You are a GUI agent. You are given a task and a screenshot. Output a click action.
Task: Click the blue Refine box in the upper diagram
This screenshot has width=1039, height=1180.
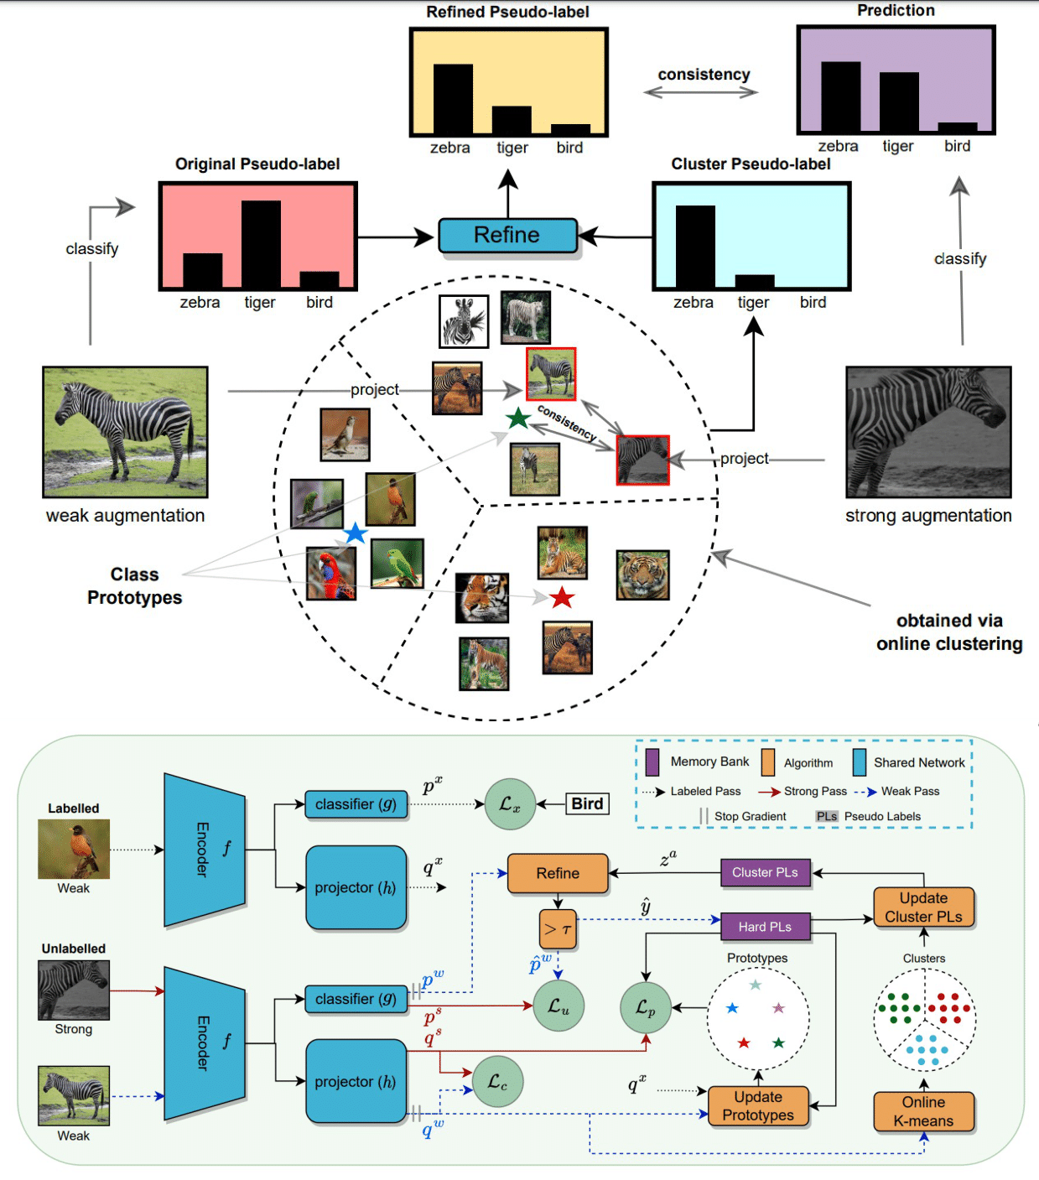click(x=507, y=236)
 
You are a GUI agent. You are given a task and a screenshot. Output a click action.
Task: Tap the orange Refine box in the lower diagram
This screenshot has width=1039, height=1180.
click(x=558, y=873)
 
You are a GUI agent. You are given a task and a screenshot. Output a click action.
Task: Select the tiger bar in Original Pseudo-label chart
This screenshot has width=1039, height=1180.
click(x=261, y=244)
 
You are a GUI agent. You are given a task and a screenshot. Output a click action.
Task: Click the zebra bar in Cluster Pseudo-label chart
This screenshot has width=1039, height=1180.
click(x=694, y=247)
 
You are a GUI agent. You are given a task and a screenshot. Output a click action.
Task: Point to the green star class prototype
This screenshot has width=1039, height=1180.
click(x=518, y=418)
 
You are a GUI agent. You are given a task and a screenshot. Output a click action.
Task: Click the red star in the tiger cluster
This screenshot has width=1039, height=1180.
click(x=561, y=598)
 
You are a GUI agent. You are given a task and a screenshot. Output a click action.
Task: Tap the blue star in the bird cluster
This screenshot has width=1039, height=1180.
click(x=356, y=533)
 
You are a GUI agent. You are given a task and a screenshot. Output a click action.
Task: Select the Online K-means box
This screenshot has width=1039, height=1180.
click(x=923, y=1111)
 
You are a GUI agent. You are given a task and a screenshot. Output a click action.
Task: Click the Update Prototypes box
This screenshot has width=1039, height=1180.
click(x=758, y=1106)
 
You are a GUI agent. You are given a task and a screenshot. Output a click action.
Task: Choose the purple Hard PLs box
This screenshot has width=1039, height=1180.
click(x=765, y=927)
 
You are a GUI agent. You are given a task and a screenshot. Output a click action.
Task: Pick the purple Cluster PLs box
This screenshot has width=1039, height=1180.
click(x=765, y=872)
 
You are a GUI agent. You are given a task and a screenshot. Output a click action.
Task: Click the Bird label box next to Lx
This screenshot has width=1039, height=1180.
click(x=587, y=803)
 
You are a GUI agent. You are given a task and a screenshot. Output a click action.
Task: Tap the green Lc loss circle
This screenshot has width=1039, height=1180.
click(x=497, y=1082)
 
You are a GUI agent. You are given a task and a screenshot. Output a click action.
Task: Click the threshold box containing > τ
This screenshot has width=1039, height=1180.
click(x=558, y=929)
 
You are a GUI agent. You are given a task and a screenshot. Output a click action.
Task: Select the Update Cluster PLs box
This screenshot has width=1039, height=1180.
click(x=923, y=907)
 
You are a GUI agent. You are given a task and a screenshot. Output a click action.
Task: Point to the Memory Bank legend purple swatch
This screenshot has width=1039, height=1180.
click(x=652, y=762)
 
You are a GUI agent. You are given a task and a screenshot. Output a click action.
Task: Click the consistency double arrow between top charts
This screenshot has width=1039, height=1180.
click(x=701, y=93)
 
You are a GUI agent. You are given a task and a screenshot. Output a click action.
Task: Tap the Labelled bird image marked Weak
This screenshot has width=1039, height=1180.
click(x=74, y=849)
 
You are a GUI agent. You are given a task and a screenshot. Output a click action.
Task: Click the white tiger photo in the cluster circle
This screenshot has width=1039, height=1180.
click(x=526, y=317)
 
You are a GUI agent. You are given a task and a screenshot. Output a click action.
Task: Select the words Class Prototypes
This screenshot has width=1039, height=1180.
click(x=134, y=585)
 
